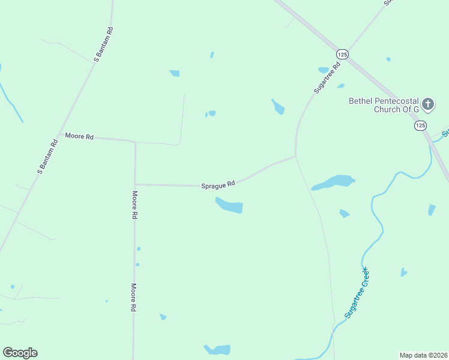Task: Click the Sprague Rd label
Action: point(218,185)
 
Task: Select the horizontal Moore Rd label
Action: point(79,137)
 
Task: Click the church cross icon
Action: point(428,104)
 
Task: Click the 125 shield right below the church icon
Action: point(420,125)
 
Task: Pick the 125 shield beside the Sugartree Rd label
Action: point(342,54)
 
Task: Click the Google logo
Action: point(20,353)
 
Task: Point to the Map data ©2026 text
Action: point(423,355)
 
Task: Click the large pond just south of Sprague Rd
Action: point(230,206)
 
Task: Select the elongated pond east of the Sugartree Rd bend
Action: point(333,182)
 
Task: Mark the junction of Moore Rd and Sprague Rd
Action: point(135,184)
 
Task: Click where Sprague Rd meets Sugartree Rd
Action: point(295,157)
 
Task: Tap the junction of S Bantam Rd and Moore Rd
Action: point(60,134)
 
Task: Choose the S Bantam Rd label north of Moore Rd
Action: point(103,45)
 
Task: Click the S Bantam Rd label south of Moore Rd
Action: point(47,156)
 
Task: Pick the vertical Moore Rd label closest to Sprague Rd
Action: point(135,205)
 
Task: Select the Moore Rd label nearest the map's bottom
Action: point(133,298)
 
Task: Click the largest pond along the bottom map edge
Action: point(218,349)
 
